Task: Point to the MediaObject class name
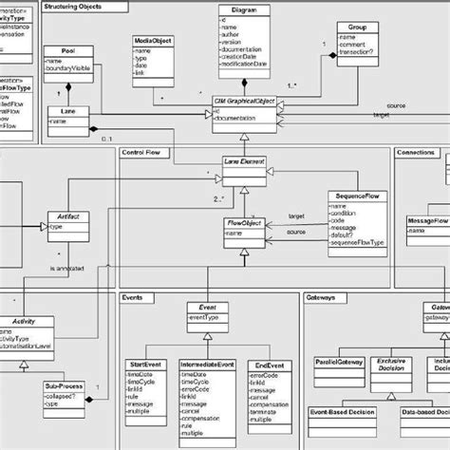(152, 41)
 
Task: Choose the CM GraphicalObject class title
(244, 101)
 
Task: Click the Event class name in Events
(206, 308)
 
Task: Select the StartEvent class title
(144, 364)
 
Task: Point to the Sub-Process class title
(63, 386)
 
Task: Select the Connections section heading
(416, 152)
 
